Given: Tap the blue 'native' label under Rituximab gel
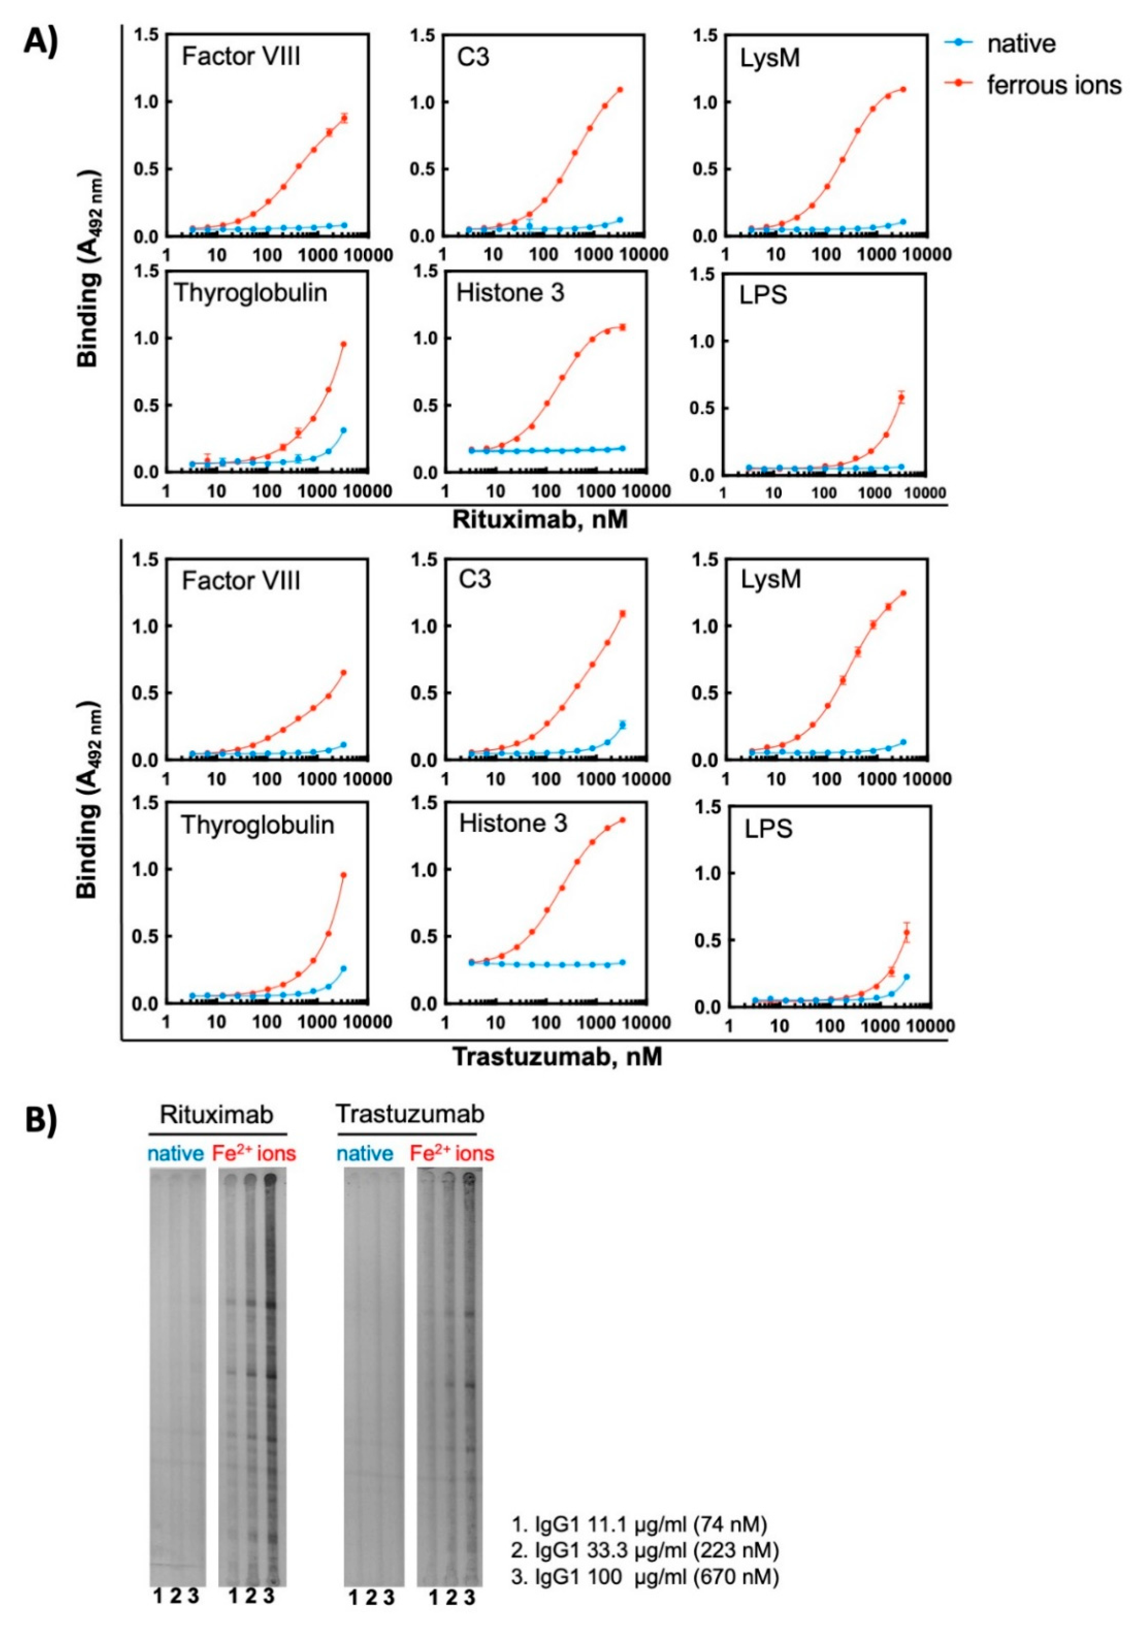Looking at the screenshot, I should (176, 1154).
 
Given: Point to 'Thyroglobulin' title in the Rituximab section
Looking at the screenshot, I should (251, 293).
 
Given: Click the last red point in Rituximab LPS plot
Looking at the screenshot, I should (901, 397).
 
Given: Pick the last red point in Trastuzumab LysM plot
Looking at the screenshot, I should (903, 593).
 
